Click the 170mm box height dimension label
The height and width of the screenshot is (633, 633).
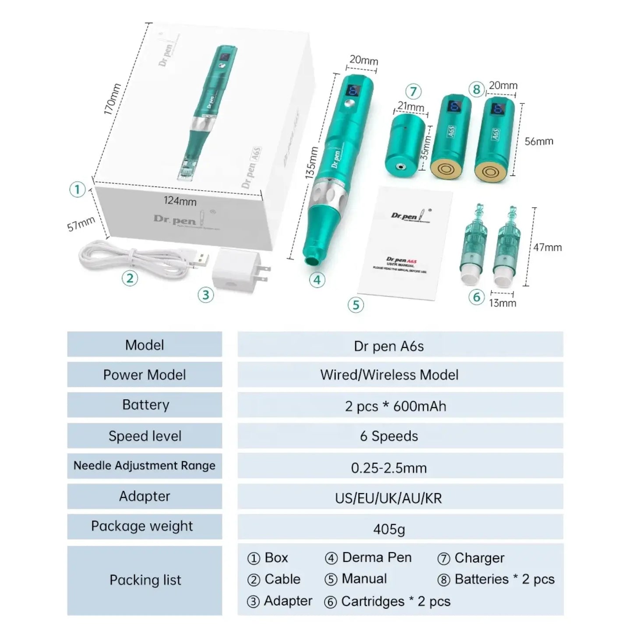pos(112,99)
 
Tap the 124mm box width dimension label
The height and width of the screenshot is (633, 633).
pos(180,201)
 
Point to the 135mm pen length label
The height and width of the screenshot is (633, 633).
pos(311,162)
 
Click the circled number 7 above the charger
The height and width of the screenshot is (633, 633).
pos(413,92)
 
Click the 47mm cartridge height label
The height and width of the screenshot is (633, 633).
pos(547,248)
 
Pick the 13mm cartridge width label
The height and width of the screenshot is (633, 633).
pos(502,303)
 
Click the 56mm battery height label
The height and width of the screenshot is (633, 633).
pos(539,141)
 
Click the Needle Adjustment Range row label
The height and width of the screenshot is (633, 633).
pos(145,466)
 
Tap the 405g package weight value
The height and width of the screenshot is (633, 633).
pos(389,529)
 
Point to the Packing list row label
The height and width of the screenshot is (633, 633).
pos(145,580)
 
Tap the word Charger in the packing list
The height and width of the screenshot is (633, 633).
pos(479,558)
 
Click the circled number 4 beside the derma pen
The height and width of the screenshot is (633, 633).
pos(317,280)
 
